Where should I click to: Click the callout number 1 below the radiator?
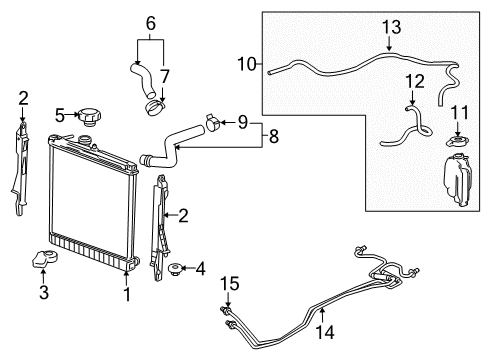(x=125, y=295)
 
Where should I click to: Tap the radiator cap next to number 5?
(x=93, y=116)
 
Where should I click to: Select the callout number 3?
(x=43, y=292)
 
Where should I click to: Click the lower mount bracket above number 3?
(x=45, y=262)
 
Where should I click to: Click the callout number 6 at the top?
(x=150, y=22)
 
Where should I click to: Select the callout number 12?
(x=413, y=80)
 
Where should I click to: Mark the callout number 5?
(x=60, y=114)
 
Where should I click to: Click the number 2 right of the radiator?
(x=183, y=213)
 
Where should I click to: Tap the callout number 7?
(x=166, y=75)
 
